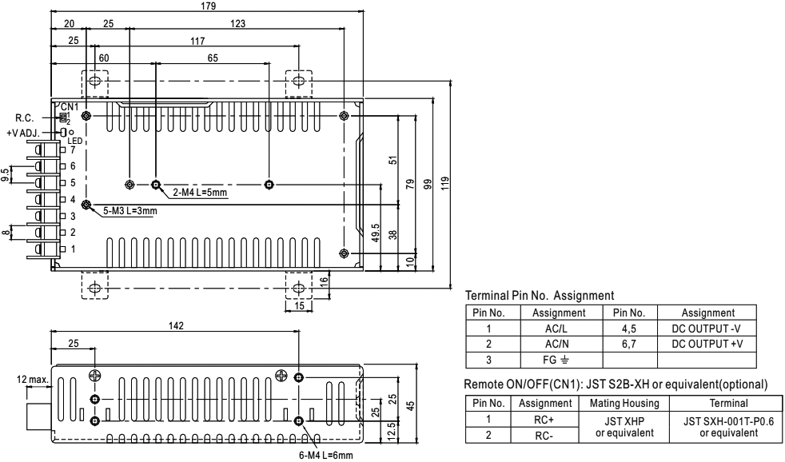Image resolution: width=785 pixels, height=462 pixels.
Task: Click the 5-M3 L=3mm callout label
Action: coord(130,212)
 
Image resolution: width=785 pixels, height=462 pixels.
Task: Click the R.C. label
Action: coord(23,117)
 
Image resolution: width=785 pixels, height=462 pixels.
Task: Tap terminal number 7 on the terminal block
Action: coord(72,149)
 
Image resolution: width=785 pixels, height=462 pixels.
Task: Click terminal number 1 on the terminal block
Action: coord(72,249)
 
